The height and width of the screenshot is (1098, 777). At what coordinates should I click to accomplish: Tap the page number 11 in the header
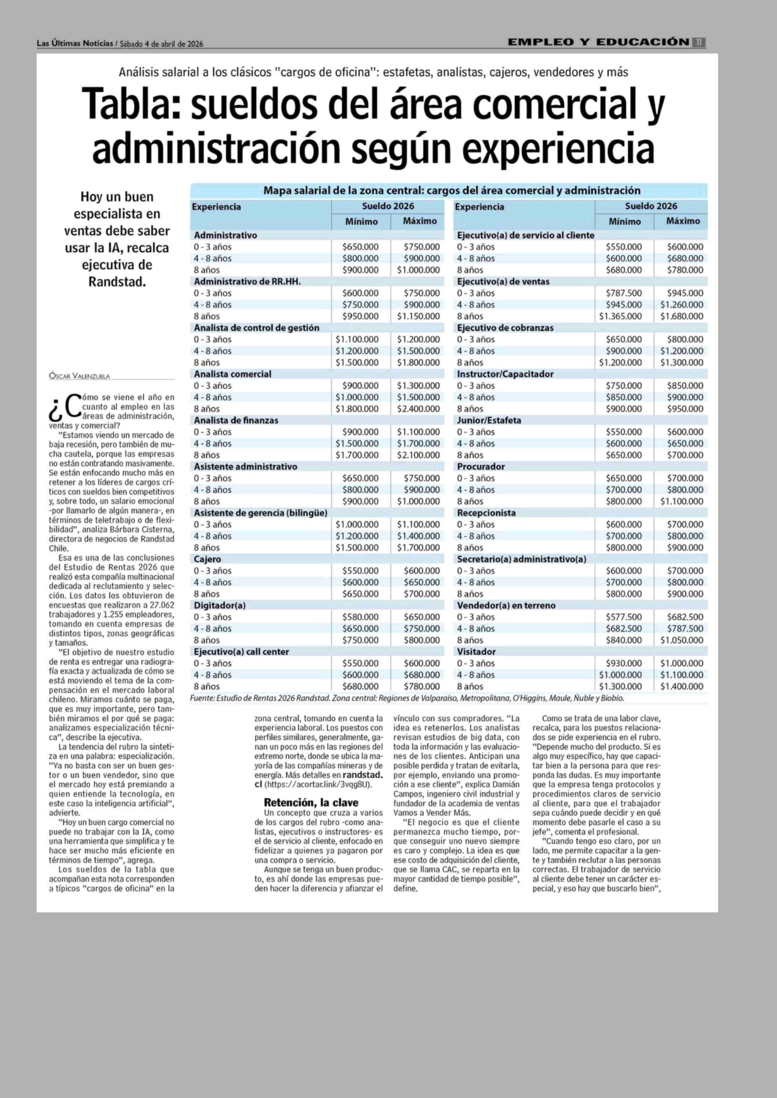pos(698,43)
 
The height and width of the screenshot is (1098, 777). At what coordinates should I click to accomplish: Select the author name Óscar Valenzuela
pos(80,376)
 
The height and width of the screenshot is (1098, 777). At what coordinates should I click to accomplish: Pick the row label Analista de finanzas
pos(236,420)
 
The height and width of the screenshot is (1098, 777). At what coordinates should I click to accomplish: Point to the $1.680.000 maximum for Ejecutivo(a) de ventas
pos(682,316)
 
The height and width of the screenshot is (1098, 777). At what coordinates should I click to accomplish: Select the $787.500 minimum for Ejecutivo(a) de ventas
pos(624,293)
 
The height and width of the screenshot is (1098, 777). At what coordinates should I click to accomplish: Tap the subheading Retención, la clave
pos(311,803)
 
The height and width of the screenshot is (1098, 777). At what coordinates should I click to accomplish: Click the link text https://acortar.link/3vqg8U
pos(318,785)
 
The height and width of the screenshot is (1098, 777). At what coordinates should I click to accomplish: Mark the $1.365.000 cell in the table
pos(620,316)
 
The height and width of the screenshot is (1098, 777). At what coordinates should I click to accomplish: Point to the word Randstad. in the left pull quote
pos(117,282)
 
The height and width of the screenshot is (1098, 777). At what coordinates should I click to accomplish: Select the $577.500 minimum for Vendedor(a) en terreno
pos(624,617)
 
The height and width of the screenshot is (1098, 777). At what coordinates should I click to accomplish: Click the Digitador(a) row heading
pos(220,605)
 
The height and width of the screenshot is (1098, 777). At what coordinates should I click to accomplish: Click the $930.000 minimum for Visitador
pos(624,663)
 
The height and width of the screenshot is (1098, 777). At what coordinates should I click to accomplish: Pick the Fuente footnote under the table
pos(407,698)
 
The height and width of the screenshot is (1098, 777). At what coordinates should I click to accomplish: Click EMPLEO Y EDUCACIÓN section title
pos(598,43)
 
